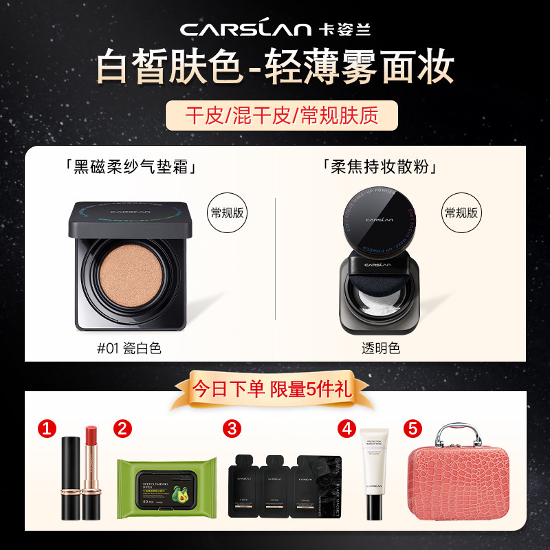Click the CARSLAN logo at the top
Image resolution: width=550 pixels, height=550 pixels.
point(275,29)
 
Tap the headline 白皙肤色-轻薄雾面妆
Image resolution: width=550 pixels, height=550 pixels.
point(275,67)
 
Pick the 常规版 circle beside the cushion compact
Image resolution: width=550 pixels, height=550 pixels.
point(227,213)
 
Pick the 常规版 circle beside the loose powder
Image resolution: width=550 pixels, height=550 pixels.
point(461,213)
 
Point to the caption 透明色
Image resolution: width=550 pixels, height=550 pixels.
point(380,348)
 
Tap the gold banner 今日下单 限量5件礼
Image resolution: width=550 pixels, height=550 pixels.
point(275,390)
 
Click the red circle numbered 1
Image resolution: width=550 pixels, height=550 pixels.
point(47,429)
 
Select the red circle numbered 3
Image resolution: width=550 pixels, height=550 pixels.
point(232,429)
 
